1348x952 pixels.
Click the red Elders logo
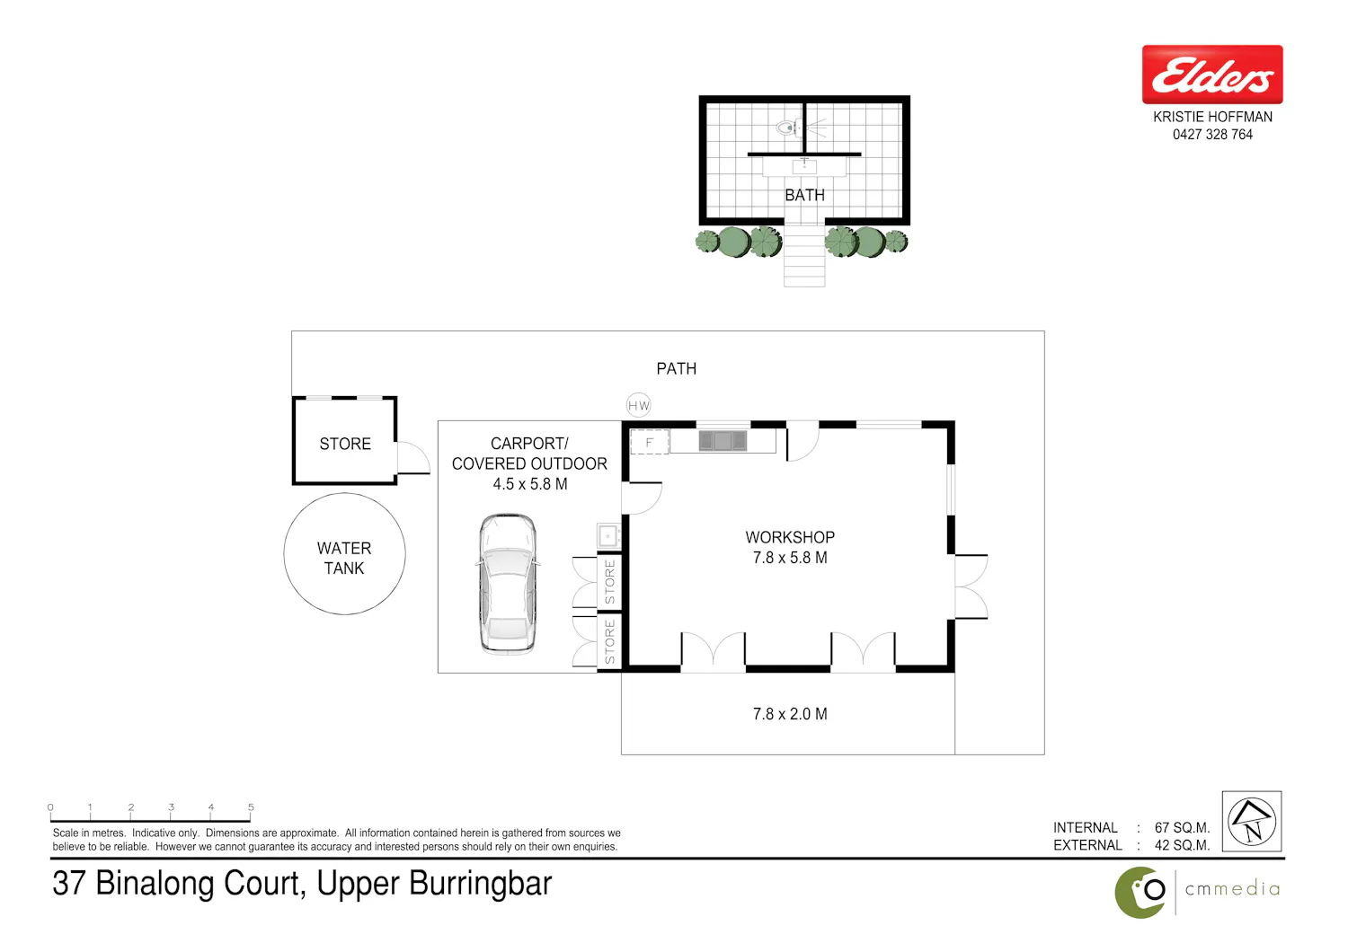(1212, 75)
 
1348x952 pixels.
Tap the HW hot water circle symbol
(638, 405)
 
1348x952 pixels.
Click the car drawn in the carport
(508, 584)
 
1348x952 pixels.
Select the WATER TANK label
(344, 558)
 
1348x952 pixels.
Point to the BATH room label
(804, 195)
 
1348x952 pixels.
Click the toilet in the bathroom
(786, 128)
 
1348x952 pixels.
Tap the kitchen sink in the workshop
(723, 441)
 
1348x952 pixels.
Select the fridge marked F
(650, 442)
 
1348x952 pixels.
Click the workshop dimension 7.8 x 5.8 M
(790, 558)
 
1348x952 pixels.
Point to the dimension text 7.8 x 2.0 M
(790, 714)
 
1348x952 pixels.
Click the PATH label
(677, 368)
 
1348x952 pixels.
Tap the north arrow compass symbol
(1252, 822)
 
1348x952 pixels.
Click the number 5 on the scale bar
(251, 807)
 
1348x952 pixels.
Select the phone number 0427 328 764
(1212, 135)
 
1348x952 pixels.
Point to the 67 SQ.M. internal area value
(1182, 827)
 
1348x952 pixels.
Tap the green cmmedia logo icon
(1140, 893)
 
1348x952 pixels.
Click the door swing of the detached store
(414, 458)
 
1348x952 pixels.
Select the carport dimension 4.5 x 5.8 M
(530, 484)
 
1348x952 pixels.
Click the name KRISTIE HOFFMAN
(1212, 117)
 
